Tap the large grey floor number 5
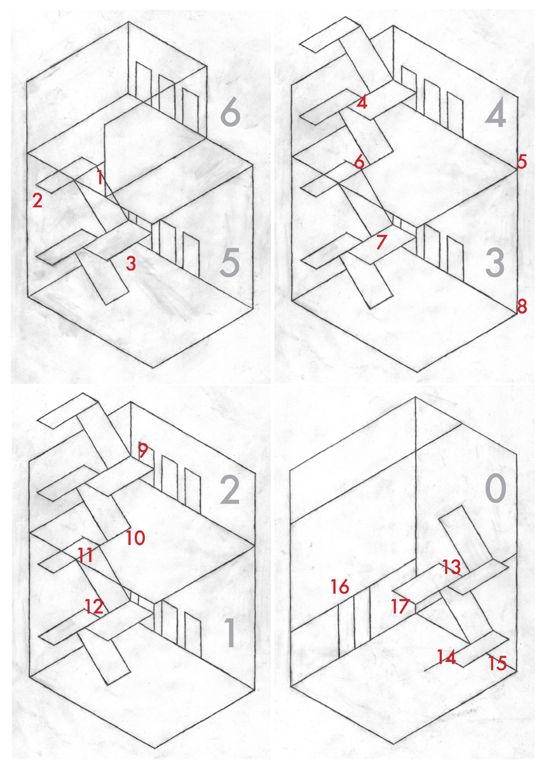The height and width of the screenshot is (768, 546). (229, 263)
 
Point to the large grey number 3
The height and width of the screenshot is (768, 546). (495, 263)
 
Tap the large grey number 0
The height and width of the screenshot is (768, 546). (496, 490)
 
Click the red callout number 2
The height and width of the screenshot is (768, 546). (38, 200)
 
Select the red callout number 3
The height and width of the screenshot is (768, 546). (131, 263)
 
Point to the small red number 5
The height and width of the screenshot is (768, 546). (522, 161)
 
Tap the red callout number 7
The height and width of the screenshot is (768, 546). (381, 242)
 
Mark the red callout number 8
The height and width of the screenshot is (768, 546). (522, 306)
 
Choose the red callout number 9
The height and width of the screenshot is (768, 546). (142, 450)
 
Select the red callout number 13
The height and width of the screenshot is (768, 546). (451, 566)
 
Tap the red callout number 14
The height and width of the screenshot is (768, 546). (447, 657)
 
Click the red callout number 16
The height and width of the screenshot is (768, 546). (340, 586)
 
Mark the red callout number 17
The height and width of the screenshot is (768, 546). (400, 606)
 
